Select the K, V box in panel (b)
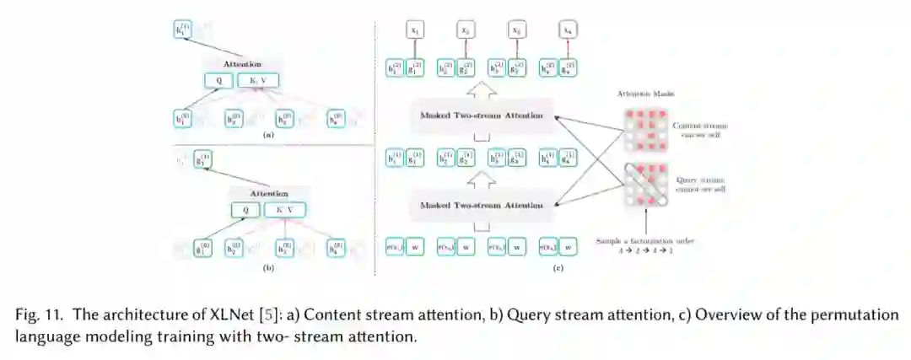pyautogui.click(x=284, y=210)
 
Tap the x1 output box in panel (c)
pyautogui.click(x=415, y=31)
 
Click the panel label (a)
pyautogui.click(x=267, y=135)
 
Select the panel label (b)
pyautogui.click(x=267, y=267)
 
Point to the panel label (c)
pyautogui.click(x=558, y=268)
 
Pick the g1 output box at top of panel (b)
pyautogui.click(x=202, y=159)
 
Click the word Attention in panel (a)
pyautogui.click(x=242, y=64)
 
